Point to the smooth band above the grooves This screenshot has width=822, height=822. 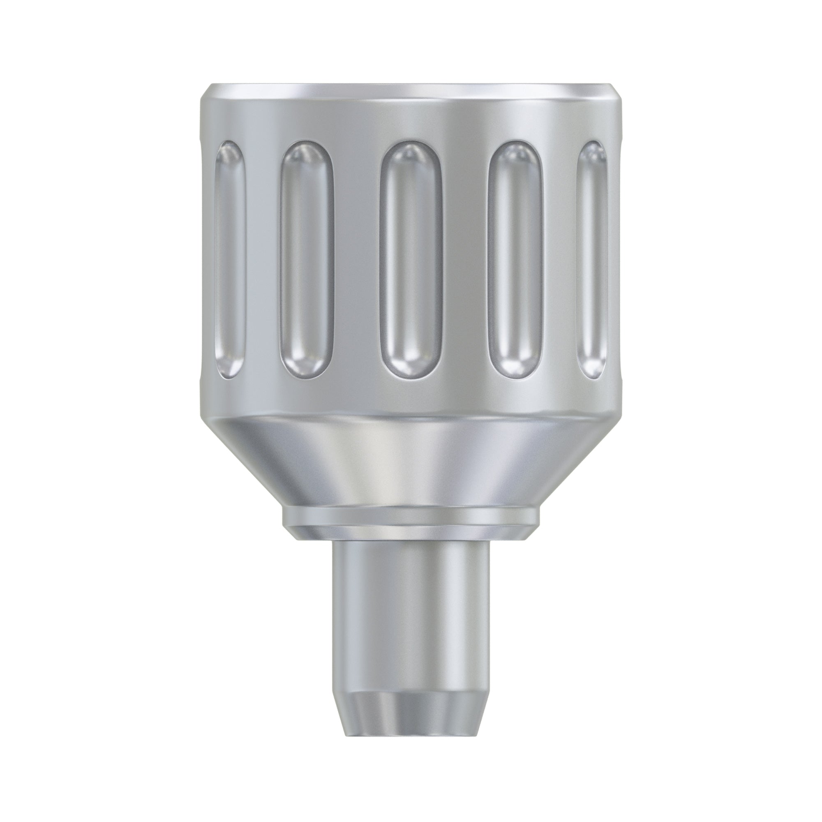pos(411,121)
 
